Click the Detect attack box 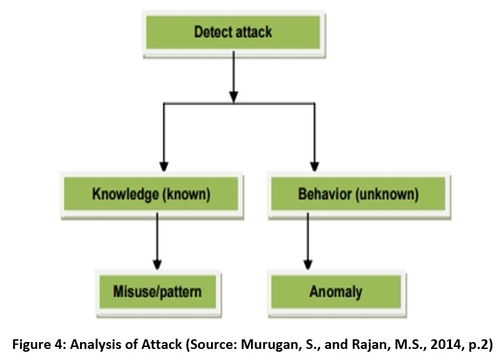point(232,32)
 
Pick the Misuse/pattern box point(158,292)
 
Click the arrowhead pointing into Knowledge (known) point(163,167)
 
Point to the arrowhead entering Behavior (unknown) point(315,167)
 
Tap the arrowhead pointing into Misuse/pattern point(158,264)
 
